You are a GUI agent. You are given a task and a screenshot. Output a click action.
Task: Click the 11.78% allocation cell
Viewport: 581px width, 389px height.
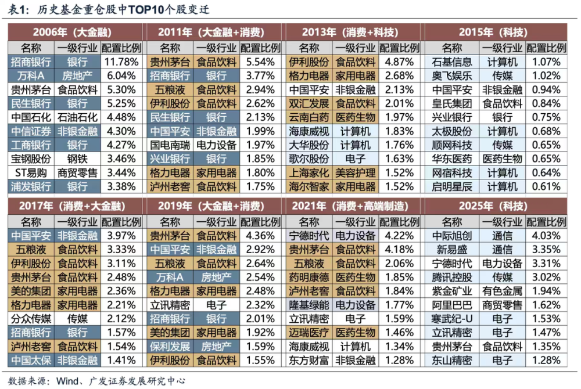pyautogui.click(x=120, y=61)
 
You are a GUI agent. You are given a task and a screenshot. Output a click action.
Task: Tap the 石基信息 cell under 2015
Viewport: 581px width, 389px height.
pyautogui.click(x=452, y=61)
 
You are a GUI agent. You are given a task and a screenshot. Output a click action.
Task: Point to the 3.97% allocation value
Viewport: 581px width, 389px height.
pyautogui.click(x=120, y=235)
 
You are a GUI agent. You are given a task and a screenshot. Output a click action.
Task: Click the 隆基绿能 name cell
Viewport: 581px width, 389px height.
pyautogui.click(x=309, y=305)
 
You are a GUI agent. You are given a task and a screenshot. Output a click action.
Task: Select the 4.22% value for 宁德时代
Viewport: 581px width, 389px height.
pyautogui.click(x=400, y=235)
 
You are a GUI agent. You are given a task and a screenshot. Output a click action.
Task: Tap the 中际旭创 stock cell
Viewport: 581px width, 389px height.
pyautogui.click(x=452, y=235)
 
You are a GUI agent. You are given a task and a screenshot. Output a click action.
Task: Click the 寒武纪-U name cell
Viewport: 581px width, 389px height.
pyautogui.click(x=452, y=319)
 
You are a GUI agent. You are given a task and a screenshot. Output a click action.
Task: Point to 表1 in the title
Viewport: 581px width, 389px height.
pyautogui.click(x=13, y=9)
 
